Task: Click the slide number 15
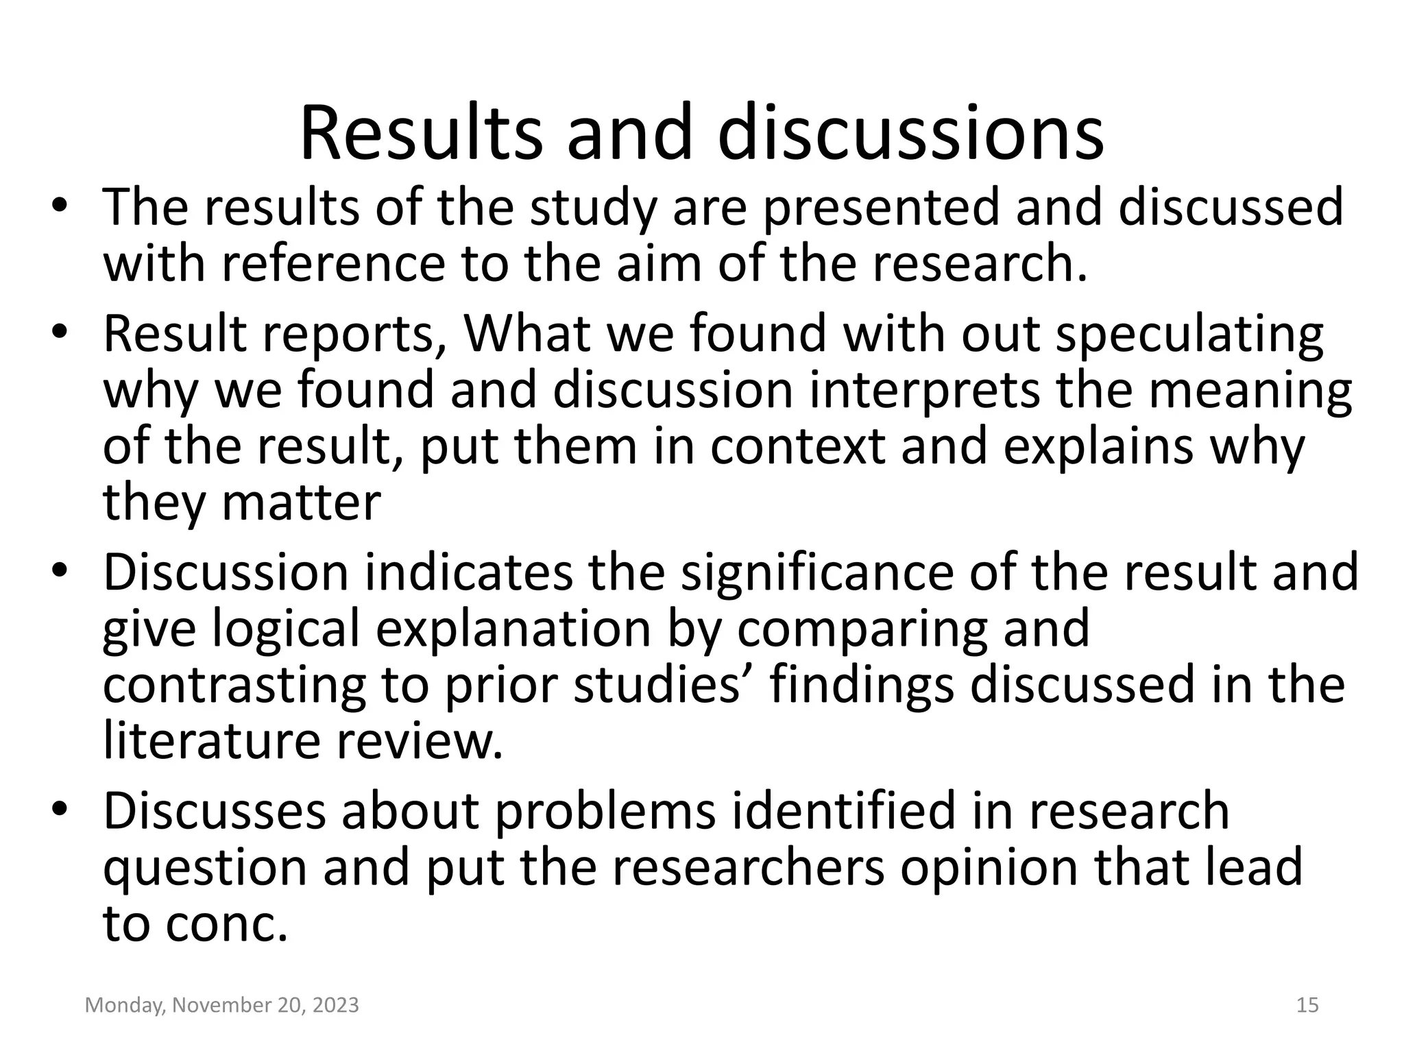click(1308, 1005)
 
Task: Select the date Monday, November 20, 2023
click(222, 1005)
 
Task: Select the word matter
click(302, 503)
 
